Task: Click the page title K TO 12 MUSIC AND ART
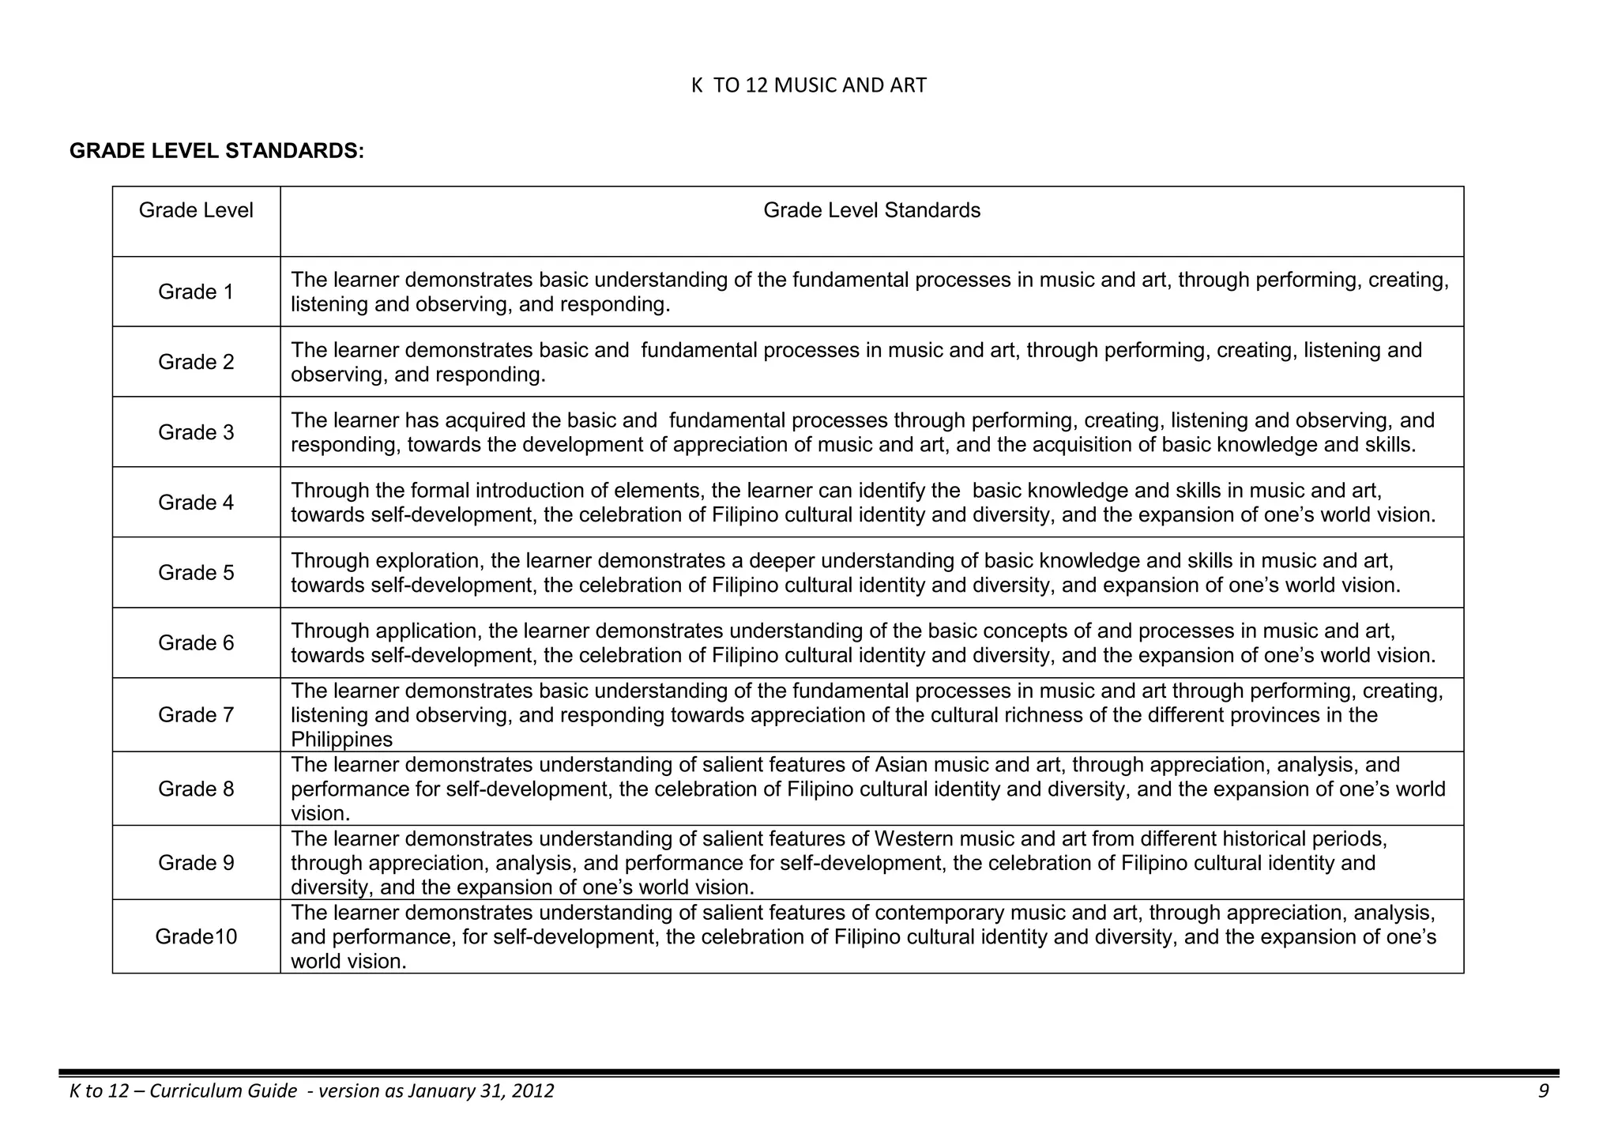(808, 85)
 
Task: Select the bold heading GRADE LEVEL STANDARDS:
(217, 151)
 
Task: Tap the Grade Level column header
(196, 210)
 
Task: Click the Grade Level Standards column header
(871, 210)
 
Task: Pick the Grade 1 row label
(196, 292)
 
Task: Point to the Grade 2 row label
(196, 362)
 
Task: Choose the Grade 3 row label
(196, 432)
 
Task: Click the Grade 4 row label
(196, 503)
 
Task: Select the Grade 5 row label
(196, 572)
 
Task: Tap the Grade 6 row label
(196, 642)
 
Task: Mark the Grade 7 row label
(196, 714)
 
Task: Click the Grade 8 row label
(196, 789)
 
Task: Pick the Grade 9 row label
(196, 862)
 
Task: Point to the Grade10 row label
(196, 936)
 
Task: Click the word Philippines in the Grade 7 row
(341, 740)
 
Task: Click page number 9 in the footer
(1543, 1091)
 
